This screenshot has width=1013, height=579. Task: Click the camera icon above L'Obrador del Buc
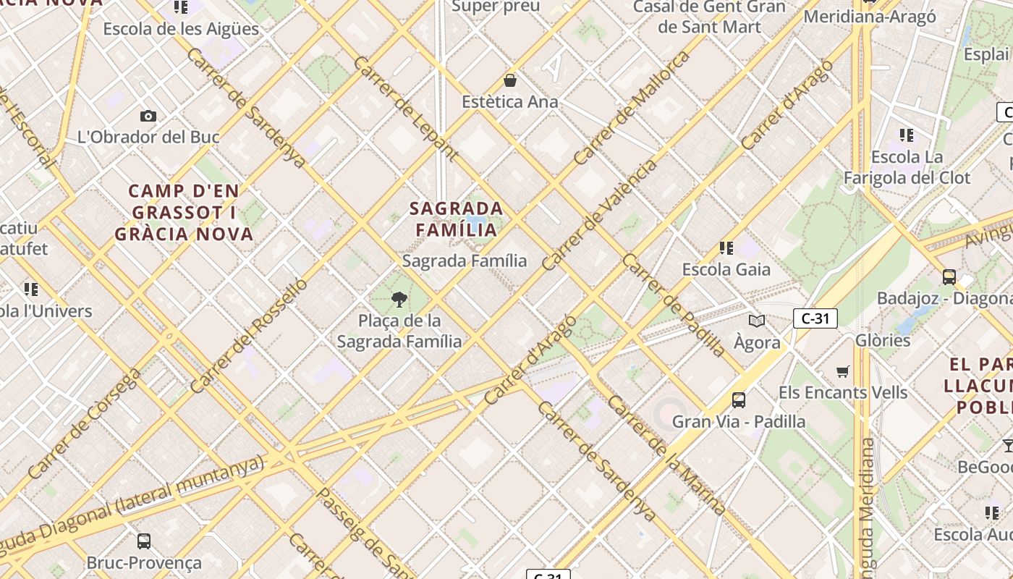pos(148,116)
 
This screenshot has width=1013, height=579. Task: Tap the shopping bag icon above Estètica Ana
pos(510,80)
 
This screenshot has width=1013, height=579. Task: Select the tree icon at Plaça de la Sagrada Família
pos(399,299)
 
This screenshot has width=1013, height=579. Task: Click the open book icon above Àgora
pos(757,321)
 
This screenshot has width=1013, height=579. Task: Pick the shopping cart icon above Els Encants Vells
pos(843,371)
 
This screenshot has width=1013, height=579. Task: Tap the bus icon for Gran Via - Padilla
pos(738,400)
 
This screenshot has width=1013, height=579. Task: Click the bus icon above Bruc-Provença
pos(144,541)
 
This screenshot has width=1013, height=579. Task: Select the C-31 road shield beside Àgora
pos(815,318)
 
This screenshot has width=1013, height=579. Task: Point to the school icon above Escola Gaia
pos(726,248)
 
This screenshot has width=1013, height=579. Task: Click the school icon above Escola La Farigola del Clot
pos(907,135)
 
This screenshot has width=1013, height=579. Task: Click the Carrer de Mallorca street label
pos(632,108)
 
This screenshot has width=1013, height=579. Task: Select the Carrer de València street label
pos(600,214)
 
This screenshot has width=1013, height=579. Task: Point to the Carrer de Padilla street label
pos(674,305)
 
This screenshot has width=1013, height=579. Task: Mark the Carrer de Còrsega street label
pos(85,423)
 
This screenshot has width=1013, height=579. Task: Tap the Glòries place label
pos(882,340)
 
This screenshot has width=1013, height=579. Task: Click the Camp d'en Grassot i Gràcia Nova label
pos(184,213)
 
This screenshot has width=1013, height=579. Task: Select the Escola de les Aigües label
pos(181,29)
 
